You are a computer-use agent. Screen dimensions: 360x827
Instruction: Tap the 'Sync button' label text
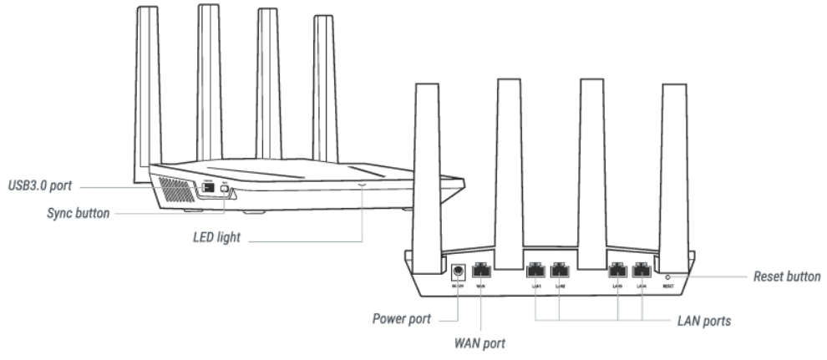tap(78, 213)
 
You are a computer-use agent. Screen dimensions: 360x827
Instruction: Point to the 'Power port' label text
tap(402, 319)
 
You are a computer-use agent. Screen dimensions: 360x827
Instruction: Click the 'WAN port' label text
tap(479, 342)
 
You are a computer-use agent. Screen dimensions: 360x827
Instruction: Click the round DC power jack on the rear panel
tap(458, 271)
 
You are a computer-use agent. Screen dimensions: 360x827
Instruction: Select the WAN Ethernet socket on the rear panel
tap(481, 271)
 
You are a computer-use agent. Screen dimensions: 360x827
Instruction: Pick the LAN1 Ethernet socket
tap(535, 271)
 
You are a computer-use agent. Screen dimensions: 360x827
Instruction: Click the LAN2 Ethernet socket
tap(561, 271)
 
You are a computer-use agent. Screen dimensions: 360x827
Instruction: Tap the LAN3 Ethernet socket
tap(617, 271)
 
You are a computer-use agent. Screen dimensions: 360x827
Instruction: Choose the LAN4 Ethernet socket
tap(642, 271)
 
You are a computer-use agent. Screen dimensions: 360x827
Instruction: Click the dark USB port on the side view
tap(205, 190)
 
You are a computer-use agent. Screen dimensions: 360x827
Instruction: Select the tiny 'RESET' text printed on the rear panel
tap(667, 286)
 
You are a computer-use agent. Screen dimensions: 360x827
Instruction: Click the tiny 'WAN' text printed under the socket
tap(480, 286)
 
